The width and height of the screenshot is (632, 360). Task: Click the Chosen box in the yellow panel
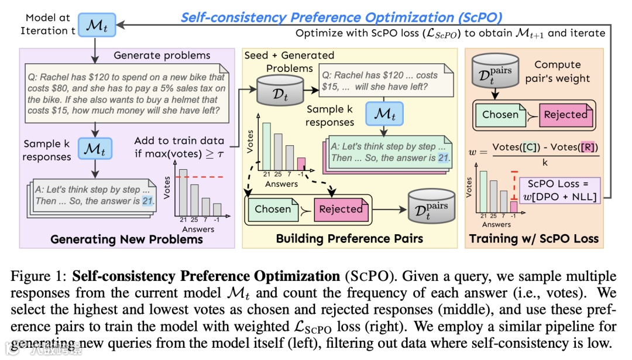click(273, 209)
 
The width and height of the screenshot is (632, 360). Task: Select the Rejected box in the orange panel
click(565, 115)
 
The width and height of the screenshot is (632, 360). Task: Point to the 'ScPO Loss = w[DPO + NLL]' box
click(561, 190)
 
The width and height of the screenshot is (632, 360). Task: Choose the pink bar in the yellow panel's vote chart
click(301, 164)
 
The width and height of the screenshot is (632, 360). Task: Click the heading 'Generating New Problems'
click(126, 239)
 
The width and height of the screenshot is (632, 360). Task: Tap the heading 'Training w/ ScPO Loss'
click(534, 239)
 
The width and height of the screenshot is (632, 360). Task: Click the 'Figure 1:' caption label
click(40, 276)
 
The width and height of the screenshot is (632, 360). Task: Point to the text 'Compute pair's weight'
click(557, 71)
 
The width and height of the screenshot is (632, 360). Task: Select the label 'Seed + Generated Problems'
click(289, 61)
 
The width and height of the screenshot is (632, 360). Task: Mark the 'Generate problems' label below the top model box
click(162, 56)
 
